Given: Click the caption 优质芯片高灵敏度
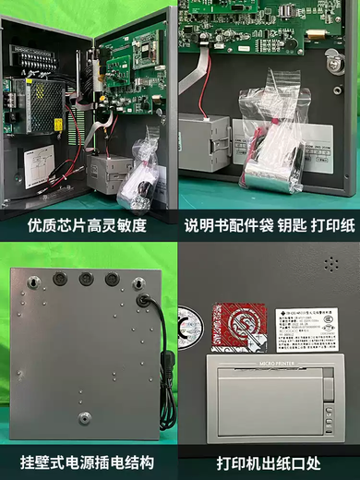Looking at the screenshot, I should click(x=89, y=224).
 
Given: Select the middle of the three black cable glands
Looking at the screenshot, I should click(x=86, y=278).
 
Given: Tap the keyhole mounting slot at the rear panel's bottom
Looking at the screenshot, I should click(x=84, y=417).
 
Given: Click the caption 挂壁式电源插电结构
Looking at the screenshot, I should click(x=87, y=461).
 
